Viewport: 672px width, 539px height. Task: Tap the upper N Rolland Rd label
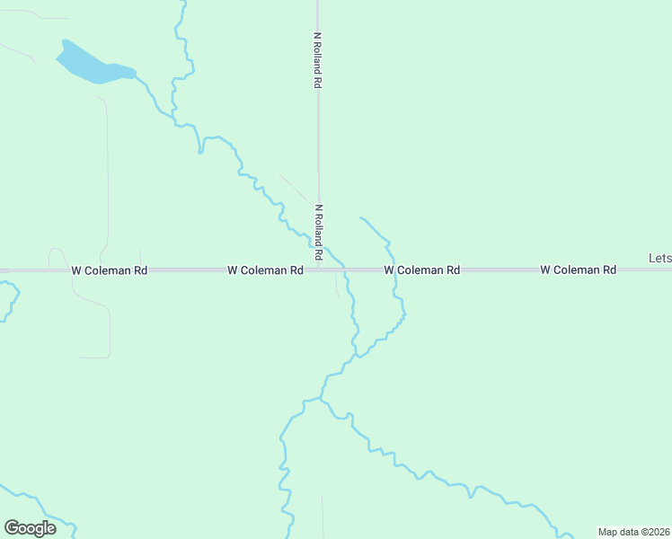[x=318, y=60]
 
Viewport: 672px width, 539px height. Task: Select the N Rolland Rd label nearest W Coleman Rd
[x=318, y=232]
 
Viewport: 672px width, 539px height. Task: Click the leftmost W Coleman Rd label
[x=109, y=269]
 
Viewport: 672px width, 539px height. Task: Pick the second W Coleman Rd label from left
[x=264, y=269]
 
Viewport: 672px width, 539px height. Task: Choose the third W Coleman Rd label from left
[x=421, y=269]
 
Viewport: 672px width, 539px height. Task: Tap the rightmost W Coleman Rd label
[x=578, y=269]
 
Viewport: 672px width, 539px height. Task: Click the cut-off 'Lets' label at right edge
[x=659, y=259]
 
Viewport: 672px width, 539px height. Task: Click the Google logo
[x=30, y=527]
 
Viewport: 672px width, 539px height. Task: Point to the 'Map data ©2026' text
[x=633, y=532]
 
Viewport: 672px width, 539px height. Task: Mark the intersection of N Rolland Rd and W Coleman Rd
[x=318, y=269]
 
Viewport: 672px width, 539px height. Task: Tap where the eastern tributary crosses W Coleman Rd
[x=394, y=269]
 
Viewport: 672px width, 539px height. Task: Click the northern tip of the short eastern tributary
[x=360, y=217]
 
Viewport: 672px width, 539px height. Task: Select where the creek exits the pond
[x=136, y=74]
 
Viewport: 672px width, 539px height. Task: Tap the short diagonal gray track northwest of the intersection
[x=295, y=188]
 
